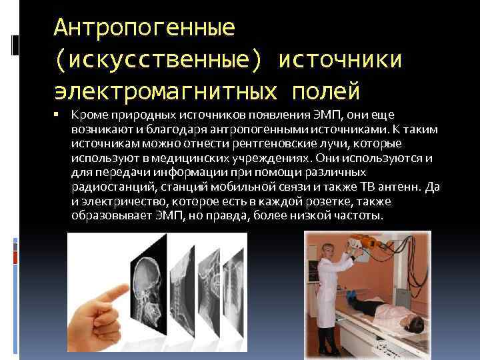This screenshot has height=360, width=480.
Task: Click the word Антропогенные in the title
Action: (144, 27)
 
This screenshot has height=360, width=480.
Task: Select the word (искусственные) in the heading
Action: (159, 59)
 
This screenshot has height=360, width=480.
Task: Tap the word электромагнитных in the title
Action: (167, 89)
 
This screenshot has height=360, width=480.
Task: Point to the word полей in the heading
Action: (326, 89)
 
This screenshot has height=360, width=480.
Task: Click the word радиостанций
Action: (106, 187)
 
